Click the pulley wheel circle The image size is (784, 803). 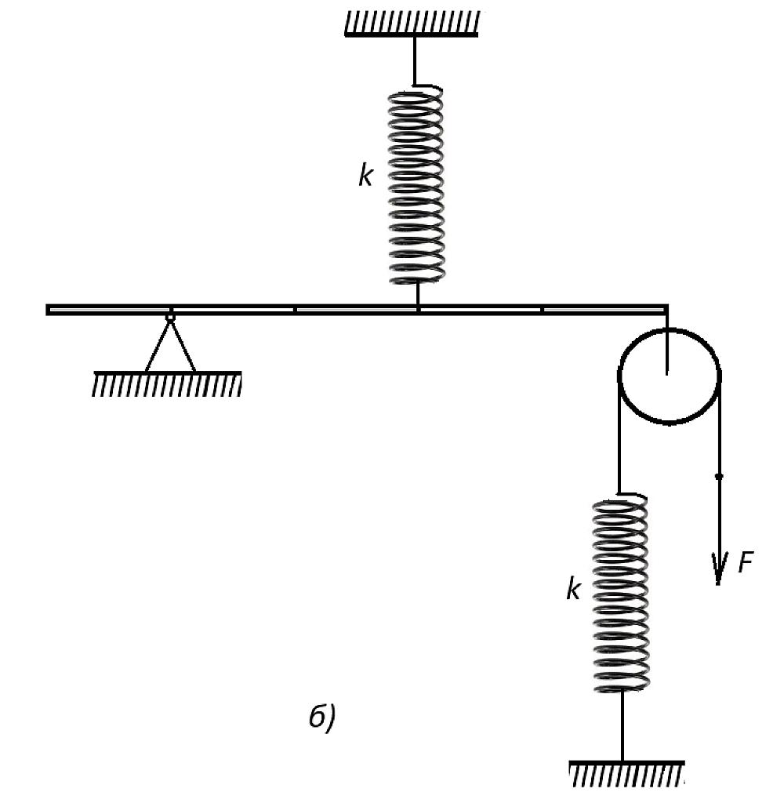620,376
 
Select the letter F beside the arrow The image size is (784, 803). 746,562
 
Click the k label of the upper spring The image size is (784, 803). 365,176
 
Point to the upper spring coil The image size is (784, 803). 416,184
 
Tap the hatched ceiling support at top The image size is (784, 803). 412,24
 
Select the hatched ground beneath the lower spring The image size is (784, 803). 626,774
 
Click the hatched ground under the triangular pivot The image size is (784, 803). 167,383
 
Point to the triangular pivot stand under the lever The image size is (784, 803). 171,344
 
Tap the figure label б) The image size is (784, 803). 322,717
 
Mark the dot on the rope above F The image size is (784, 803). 719,476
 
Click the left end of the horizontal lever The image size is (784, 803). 46,310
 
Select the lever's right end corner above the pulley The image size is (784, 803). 666,306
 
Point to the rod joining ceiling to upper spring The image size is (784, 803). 415,61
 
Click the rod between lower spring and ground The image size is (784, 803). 622,725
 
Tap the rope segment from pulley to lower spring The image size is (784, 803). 619,435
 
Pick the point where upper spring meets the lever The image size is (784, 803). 419,306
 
